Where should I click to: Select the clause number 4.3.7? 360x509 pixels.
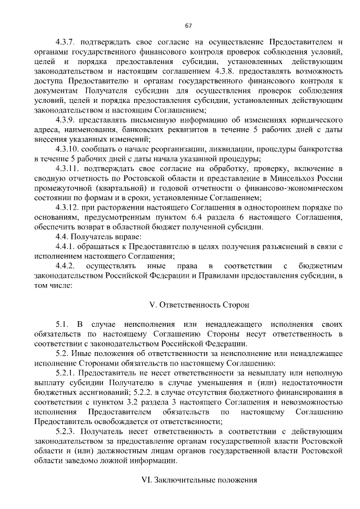65,42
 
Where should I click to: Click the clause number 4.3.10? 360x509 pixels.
67,150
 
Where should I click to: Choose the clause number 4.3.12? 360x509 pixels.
67,208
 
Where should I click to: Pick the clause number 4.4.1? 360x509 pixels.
65,246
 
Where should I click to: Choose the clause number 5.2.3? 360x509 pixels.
65,431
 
